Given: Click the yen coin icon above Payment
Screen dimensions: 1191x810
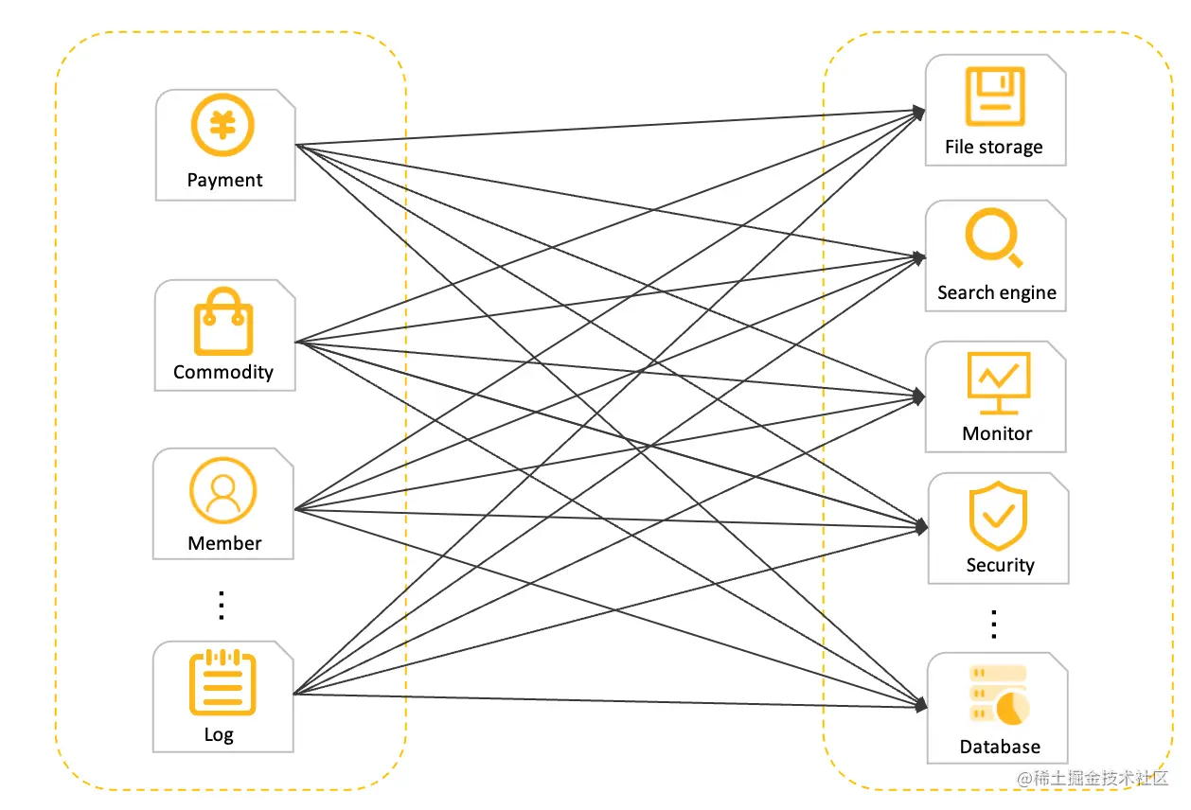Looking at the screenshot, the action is pyautogui.click(x=222, y=125).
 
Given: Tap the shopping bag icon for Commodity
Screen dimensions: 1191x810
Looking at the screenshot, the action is pyautogui.click(x=223, y=321).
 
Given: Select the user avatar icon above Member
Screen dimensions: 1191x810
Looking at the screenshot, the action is pyautogui.click(x=222, y=490).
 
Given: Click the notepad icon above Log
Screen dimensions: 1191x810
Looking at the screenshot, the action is pyautogui.click(x=222, y=682).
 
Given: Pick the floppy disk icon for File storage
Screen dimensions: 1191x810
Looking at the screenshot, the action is pyautogui.click(x=995, y=97).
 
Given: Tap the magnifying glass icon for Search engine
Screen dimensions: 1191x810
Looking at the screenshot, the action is pyautogui.click(x=994, y=238).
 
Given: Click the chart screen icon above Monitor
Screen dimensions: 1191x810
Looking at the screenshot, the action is pyautogui.click(x=999, y=383).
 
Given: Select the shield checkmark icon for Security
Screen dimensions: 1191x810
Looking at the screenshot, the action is pyautogui.click(x=998, y=516).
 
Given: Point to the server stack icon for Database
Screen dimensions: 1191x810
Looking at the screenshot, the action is pyautogui.click(x=999, y=695).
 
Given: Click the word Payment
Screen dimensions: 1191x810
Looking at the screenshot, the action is pyautogui.click(x=224, y=180).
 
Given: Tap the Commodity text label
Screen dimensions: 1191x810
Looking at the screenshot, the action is pyautogui.click(x=223, y=372).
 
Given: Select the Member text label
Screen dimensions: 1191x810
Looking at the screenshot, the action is pyautogui.click(x=224, y=543).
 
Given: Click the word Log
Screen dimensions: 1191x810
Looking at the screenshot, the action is pyautogui.click(x=219, y=735).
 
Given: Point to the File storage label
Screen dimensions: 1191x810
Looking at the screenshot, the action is pyautogui.click(x=994, y=147).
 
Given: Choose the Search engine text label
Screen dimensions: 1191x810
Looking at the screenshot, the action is pyautogui.click(x=997, y=292).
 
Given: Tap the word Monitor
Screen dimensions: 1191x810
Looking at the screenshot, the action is pyautogui.click(x=997, y=433).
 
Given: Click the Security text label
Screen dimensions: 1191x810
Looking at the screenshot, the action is pyautogui.click(x=1000, y=565).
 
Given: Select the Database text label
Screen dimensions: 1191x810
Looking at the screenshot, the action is pyautogui.click(x=1000, y=747).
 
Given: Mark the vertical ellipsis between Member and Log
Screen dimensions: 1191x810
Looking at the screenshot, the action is pyautogui.click(x=222, y=606).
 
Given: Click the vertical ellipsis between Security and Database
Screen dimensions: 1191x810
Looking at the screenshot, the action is pyautogui.click(x=994, y=624).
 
